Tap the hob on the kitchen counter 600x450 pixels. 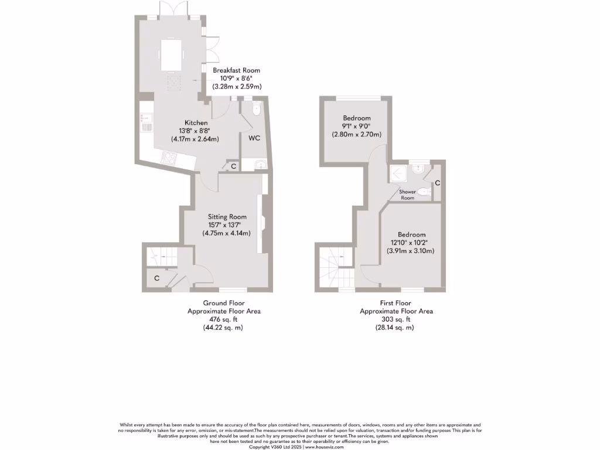point(169,158)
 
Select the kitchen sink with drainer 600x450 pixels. point(146,124)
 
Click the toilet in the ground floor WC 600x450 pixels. point(255,110)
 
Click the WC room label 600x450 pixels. point(254,139)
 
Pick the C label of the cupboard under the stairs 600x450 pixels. point(156,278)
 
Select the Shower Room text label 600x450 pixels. point(407,195)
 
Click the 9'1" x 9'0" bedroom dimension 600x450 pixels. point(356,126)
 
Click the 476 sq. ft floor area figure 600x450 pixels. point(223,320)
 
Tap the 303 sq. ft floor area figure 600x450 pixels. point(396,320)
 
